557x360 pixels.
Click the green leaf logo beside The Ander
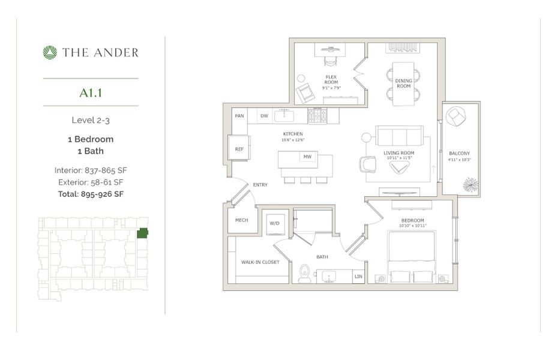50,53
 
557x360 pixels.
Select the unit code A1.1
91,92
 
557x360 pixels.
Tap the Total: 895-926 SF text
91,193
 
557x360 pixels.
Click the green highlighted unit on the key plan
142,233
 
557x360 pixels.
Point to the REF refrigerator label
239,149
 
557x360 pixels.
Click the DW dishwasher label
264,116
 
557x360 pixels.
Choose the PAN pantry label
239,116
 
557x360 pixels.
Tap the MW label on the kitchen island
307,157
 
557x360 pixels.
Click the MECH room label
241,220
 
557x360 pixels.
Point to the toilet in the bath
304,274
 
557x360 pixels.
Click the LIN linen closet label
358,277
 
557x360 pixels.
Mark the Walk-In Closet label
260,262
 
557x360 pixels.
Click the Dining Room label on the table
403,83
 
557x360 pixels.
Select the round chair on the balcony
457,117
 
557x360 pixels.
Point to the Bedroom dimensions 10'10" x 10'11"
412,226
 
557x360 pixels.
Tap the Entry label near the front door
260,185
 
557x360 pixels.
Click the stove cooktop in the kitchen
316,115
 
